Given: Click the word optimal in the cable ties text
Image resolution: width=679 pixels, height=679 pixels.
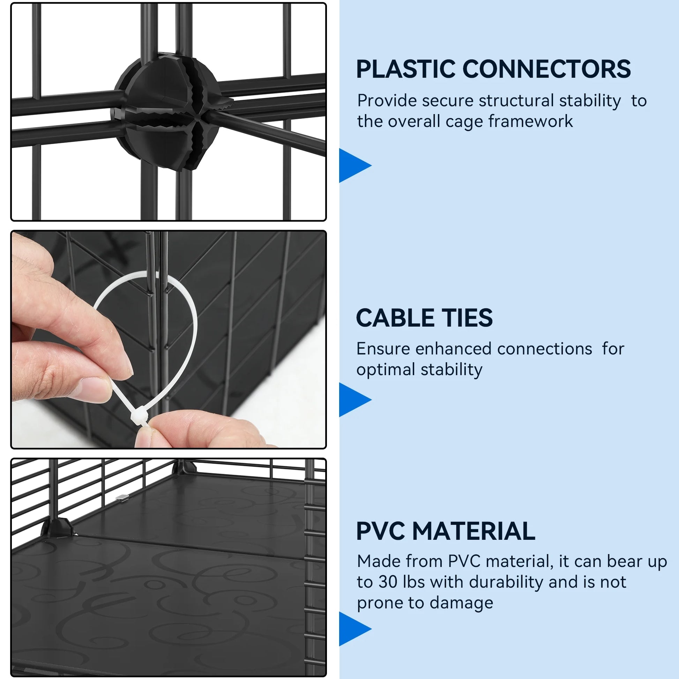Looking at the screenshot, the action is click(386, 370).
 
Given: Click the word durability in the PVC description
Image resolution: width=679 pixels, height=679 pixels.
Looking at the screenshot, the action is click(506, 582).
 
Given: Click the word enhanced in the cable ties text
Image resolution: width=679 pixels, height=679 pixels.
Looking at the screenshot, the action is click(456, 349).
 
